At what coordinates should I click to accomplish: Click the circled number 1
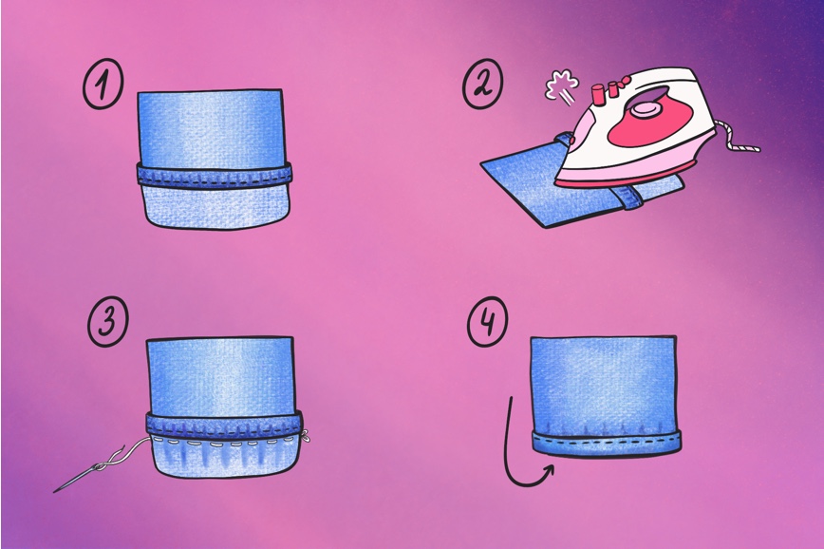tap(103, 84)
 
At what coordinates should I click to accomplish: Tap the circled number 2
tap(482, 84)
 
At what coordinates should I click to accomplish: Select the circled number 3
tap(107, 321)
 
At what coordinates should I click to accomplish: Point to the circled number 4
tap(488, 321)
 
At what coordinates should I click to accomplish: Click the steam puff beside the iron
tap(562, 87)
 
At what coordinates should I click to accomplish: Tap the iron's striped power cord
tap(739, 139)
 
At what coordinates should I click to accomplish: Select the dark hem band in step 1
tap(214, 175)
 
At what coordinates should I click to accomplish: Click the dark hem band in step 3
tap(224, 425)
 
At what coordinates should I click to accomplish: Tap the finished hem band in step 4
tap(607, 442)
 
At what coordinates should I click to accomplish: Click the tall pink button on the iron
tap(597, 95)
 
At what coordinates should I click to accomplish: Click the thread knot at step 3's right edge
tap(306, 435)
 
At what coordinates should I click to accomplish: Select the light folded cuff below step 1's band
tap(216, 208)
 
